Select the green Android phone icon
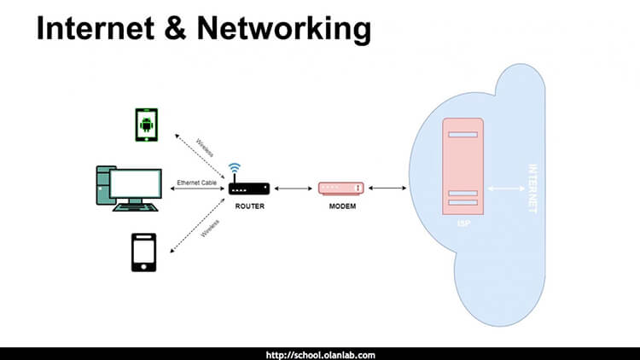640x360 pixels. coord(148,125)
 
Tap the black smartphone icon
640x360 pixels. coord(143,252)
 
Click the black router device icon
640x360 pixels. coord(249,188)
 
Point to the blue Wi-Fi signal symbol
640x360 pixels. coord(234,169)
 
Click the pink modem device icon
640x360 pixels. coord(341,188)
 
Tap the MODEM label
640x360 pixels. coord(341,206)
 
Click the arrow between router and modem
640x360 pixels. coord(294,188)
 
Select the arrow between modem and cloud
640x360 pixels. coord(387,188)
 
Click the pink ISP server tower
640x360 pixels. coord(462,166)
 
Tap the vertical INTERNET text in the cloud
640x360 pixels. coord(534,188)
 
